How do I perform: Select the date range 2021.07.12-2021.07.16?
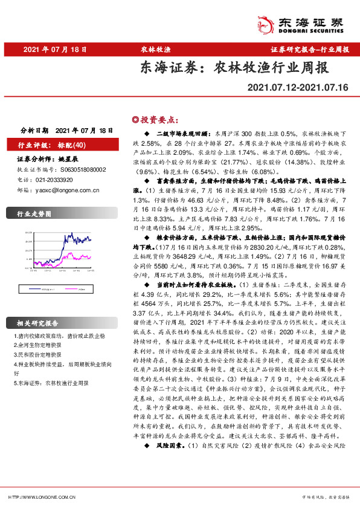pos(298,88)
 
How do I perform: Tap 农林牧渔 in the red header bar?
pos(159,50)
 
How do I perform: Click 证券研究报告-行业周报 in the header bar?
pos(309,50)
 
